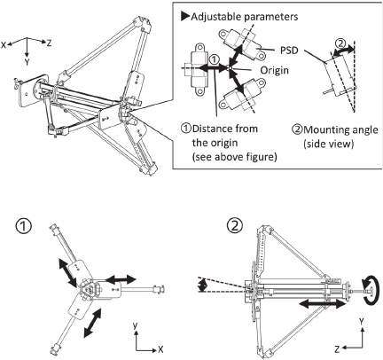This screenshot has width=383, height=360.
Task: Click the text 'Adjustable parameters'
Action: pyautogui.click(x=245, y=17)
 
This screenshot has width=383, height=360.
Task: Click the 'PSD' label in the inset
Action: pyautogui.click(x=289, y=51)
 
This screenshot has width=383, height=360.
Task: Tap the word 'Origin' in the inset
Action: pyautogui.click(x=274, y=70)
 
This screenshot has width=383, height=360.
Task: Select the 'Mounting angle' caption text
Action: pyautogui.click(x=340, y=129)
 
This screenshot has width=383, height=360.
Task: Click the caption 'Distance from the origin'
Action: pyautogui.click(x=225, y=136)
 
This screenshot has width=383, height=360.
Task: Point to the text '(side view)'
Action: pyautogui.click(x=328, y=144)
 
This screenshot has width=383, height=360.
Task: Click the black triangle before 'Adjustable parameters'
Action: pyautogui.click(x=185, y=16)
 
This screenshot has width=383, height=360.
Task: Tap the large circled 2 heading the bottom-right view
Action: pyautogui.click(x=235, y=227)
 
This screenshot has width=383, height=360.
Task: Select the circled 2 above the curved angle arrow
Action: pyautogui.click(x=340, y=43)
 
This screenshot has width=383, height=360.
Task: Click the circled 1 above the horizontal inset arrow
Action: pyautogui.click(x=214, y=59)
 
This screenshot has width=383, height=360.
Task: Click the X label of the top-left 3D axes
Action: pyautogui.click(x=4, y=45)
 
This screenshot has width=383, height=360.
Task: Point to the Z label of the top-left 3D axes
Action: pyautogui.click(x=49, y=43)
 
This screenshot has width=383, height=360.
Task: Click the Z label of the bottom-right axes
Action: pyautogui.click(x=337, y=350)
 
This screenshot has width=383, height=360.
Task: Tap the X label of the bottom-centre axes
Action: pyautogui.click(x=160, y=349)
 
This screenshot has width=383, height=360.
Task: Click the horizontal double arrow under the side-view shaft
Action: pyautogui.click(x=322, y=304)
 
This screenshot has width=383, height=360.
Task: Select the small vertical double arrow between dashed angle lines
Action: pyautogui.click(x=203, y=286)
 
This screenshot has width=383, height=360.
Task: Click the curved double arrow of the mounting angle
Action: pyautogui.click(x=343, y=51)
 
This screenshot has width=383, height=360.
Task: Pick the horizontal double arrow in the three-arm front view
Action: pyautogui.click(x=121, y=278)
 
